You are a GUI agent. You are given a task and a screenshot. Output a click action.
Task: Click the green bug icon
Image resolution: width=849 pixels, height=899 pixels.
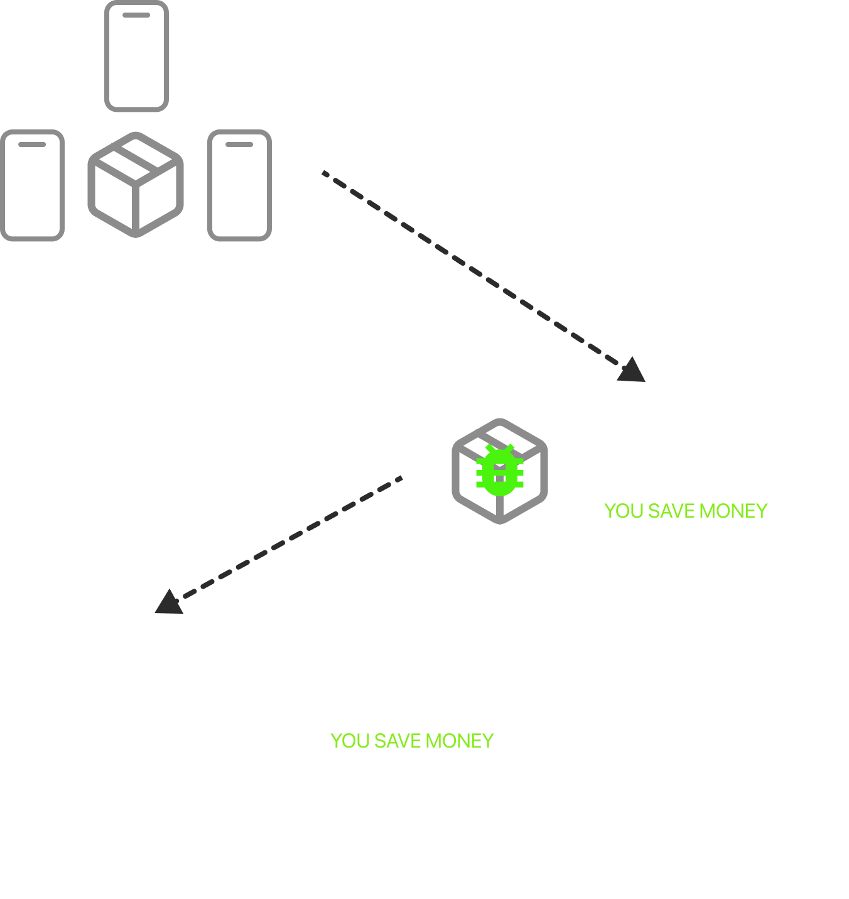(x=500, y=471)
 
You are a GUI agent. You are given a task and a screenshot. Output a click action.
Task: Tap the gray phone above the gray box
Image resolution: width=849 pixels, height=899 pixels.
(x=136, y=57)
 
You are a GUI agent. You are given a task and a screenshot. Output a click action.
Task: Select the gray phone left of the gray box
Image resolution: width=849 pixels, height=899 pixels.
(x=33, y=185)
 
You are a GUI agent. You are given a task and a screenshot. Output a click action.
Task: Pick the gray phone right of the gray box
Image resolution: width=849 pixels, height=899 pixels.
(x=239, y=185)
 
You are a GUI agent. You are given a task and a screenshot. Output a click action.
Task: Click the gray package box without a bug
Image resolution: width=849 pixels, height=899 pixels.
(x=136, y=184)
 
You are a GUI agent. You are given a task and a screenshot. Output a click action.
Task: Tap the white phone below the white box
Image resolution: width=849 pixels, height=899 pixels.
(x=143, y=842)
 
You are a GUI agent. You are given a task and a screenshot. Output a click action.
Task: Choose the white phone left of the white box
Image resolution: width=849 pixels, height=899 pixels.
(x=33, y=700)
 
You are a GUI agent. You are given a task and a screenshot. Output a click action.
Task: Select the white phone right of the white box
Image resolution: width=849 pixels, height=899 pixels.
(x=247, y=700)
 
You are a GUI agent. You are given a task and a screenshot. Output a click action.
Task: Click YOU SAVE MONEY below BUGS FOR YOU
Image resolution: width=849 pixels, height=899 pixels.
(x=686, y=511)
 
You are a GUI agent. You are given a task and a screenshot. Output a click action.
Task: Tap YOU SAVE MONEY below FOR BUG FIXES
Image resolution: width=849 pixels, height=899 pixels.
(x=412, y=741)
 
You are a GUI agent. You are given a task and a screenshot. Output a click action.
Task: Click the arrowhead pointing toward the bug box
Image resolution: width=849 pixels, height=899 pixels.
(x=632, y=371)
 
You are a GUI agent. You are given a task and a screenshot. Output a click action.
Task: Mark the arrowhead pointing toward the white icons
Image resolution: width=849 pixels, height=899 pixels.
(x=168, y=602)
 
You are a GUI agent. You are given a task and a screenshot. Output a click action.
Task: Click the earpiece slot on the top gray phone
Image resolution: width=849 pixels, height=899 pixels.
(x=136, y=15)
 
